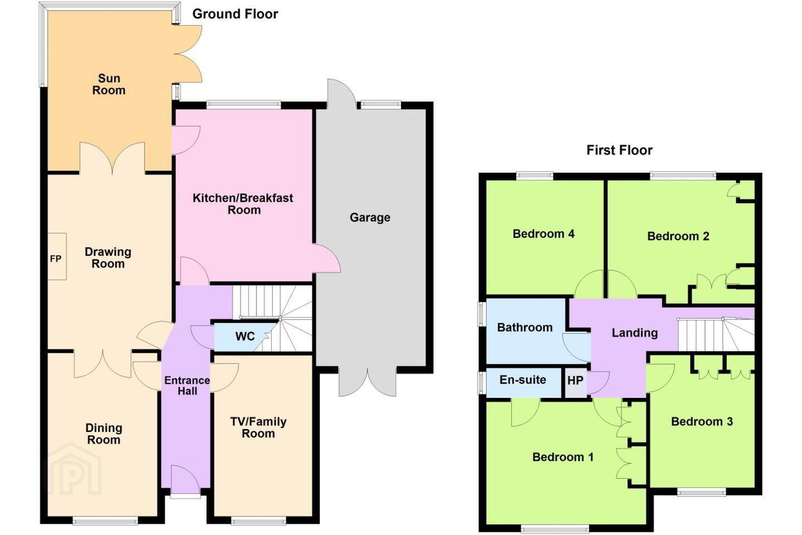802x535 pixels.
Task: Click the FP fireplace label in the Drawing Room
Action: point(56,259)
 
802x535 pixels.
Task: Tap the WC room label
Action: point(245,336)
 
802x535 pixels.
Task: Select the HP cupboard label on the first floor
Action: point(575,380)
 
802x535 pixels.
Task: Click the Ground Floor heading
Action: point(235,14)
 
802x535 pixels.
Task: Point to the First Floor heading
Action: point(619,150)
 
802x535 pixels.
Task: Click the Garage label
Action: point(370,217)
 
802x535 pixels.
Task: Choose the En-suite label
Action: point(523,380)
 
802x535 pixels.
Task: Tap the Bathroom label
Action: point(525,327)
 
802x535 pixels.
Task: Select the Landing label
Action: point(635,333)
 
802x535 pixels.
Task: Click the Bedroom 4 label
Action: point(544,234)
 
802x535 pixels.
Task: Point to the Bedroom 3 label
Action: point(702,421)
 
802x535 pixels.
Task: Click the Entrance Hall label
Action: point(187,385)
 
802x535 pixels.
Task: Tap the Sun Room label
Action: point(109,84)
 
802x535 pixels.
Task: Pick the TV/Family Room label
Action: point(258,427)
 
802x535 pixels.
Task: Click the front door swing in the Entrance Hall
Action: point(185,479)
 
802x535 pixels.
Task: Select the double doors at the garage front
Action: point(368,382)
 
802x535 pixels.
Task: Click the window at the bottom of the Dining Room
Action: point(105,521)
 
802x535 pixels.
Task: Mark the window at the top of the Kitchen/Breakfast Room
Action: point(243,105)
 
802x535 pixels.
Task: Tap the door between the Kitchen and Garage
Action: point(326,259)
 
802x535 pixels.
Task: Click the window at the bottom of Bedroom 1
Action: point(555,528)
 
